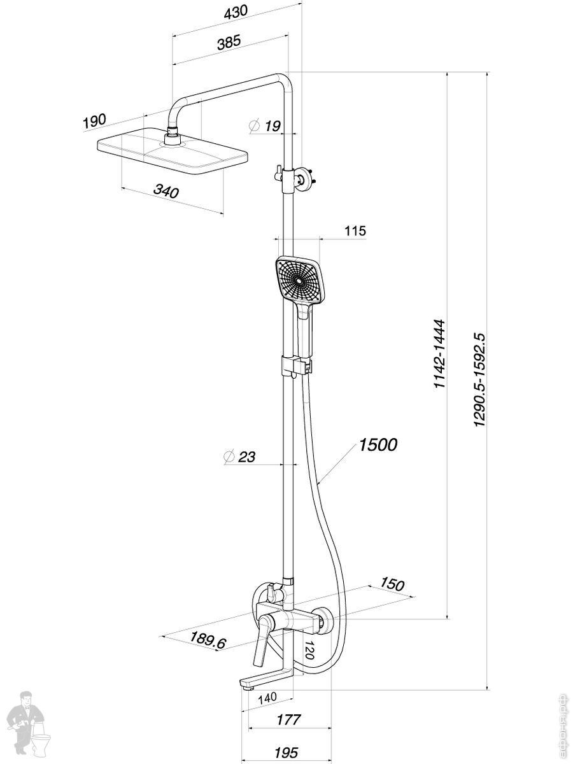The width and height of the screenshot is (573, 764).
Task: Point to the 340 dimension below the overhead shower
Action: (x=166, y=191)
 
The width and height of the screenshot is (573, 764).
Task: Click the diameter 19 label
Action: (x=265, y=125)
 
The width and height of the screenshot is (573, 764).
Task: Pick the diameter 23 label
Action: (x=241, y=456)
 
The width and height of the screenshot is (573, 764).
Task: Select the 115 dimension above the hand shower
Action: (x=355, y=230)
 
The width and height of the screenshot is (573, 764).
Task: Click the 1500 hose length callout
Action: (x=378, y=444)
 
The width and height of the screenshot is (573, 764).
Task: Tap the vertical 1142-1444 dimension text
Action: (x=439, y=354)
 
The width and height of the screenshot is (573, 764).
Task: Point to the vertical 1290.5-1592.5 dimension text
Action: (x=479, y=379)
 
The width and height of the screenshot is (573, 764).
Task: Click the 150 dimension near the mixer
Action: (x=393, y=584)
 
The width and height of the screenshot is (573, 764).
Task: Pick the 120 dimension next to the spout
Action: (x=310, y=650)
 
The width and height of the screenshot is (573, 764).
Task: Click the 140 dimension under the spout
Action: (x=267, y=698)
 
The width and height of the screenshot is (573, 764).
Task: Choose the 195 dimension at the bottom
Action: (x=286, y=753)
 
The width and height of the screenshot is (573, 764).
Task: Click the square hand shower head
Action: (x=298, y=279)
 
